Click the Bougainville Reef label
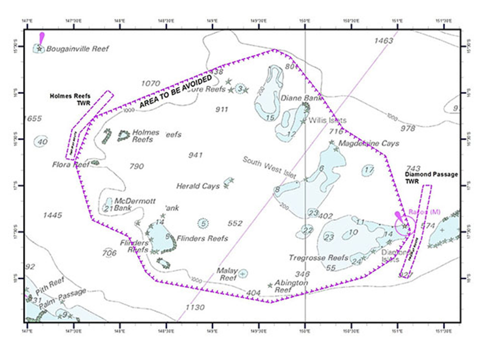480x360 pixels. point(77,49)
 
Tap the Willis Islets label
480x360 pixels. point(327,120)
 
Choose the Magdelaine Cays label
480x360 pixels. point(369,143)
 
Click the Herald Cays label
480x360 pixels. point(198,186)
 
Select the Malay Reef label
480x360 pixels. point(226,274)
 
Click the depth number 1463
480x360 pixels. point(383,40)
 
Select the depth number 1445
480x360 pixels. point(52,215)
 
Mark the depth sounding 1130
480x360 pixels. point(194,307)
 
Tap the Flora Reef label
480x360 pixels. point(70,163)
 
